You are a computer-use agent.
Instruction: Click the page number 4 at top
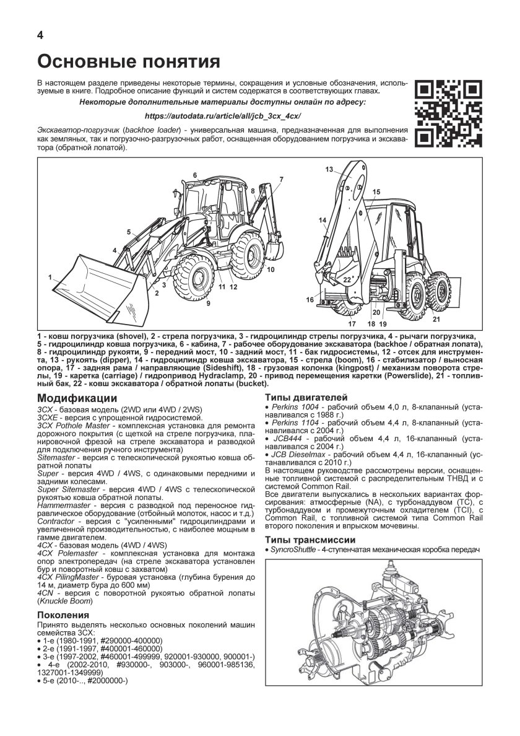click(x=40, y=35)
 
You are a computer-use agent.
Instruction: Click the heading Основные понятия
click(x=129, y=62)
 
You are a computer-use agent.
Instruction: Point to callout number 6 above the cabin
click(x=194, y=176)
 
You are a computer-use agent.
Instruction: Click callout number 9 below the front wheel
click(x=208, y=303)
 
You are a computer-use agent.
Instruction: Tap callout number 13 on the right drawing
click(x=329, y=169)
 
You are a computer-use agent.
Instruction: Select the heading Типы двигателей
click(x=306, y=397)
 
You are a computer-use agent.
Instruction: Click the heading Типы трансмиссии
click(x=310, y=539)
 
